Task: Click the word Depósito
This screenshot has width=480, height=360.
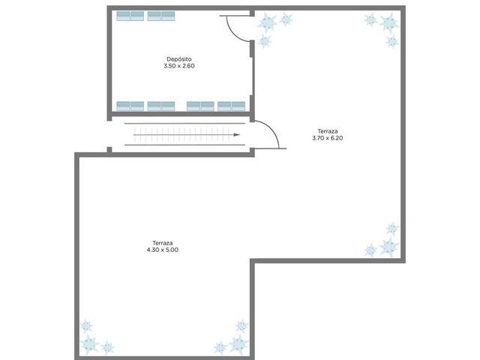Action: (x=179, y=59)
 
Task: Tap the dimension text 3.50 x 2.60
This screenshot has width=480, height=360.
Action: (x=179, y=66)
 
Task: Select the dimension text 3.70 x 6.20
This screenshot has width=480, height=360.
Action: (x=328, y=138)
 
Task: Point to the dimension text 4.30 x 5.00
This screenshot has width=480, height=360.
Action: (x=163, y=250)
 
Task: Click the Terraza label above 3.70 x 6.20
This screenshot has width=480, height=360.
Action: (x=328, y=131)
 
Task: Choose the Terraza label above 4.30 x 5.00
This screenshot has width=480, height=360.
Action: (x=163, y=243)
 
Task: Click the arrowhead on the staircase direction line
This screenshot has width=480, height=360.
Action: (x=237, y=135)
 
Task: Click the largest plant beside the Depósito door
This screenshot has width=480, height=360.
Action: (x=267, y=22)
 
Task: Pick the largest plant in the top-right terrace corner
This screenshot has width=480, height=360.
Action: (x=389, y=22)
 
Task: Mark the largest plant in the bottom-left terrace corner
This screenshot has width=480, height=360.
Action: (x=89, y=344)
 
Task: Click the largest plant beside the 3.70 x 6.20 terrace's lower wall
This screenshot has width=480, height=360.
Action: (x=389, y=247)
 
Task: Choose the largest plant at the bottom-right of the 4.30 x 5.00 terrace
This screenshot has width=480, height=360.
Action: (x=238, y=344)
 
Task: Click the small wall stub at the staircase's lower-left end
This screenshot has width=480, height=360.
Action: (x=109, y=150)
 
